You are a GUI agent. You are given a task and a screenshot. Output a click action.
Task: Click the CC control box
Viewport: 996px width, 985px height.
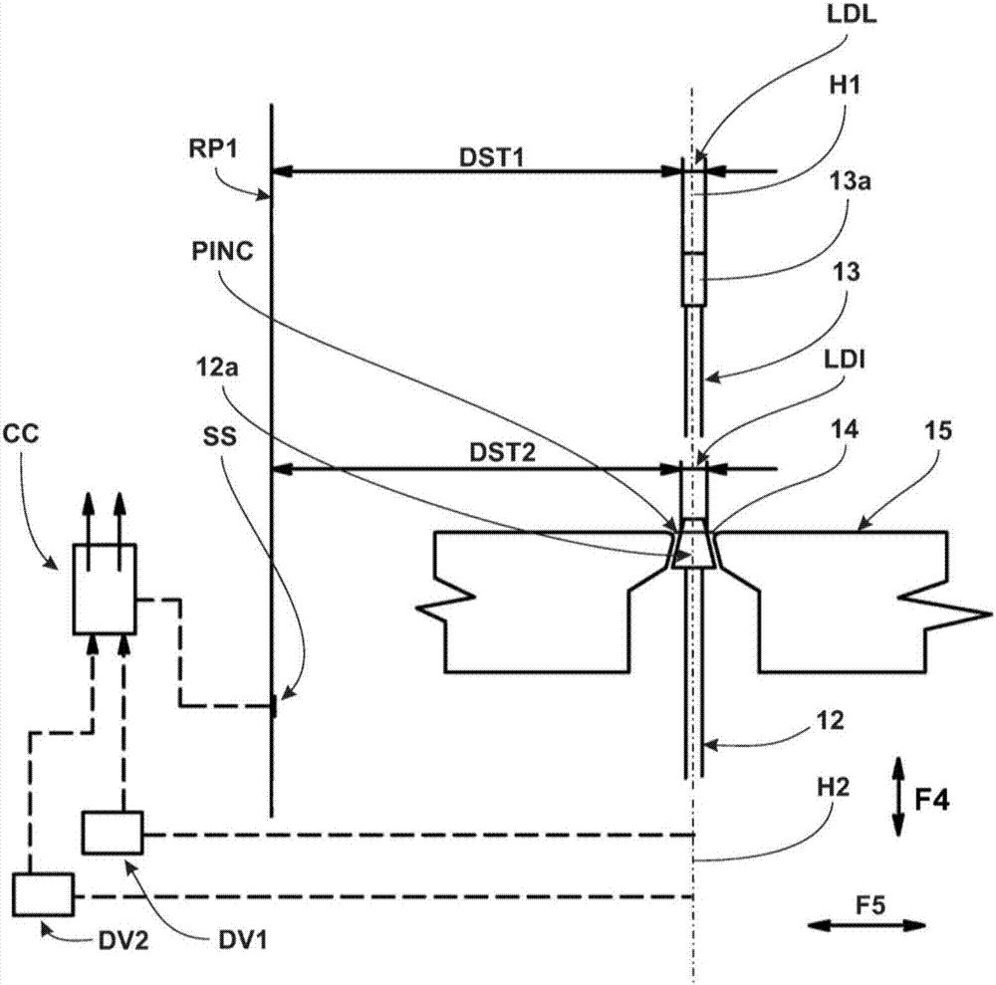pyautogui.click(x=104, y=589)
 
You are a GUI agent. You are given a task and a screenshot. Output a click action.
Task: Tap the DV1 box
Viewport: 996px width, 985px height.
pyautogui.click(x=113, y=833)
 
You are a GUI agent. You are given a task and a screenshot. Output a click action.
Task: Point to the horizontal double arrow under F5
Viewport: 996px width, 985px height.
pyautogui.click(x=865, y=925)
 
